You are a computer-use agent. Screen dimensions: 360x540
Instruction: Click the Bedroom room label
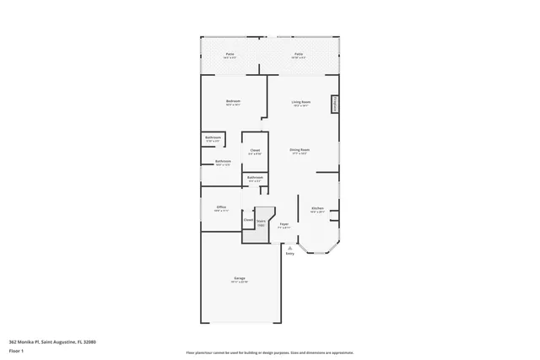point(233,102)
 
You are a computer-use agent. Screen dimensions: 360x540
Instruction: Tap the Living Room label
point(300,102)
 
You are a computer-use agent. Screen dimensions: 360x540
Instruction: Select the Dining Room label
point(300,150)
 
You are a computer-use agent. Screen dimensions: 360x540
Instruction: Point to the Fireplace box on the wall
point(335,104)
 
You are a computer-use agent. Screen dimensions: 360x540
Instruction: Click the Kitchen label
point(317,208)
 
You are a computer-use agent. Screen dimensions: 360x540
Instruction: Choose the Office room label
point(221,207)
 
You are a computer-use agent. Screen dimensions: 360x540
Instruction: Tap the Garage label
point(240,278)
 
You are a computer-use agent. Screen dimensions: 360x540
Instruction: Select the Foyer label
point(285,224)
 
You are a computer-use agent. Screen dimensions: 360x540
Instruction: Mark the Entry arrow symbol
point(290,248)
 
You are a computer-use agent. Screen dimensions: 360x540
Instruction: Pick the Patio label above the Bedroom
point(229,55)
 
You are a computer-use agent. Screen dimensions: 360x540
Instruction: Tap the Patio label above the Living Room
point(299,55)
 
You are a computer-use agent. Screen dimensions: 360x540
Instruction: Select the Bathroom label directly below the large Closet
point(255,178)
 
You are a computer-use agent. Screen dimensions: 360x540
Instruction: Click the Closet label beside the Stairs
point(249,220)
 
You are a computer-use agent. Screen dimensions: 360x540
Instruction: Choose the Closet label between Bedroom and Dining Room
point(255,151)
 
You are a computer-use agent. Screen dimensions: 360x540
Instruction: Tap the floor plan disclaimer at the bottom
point(270,352)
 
